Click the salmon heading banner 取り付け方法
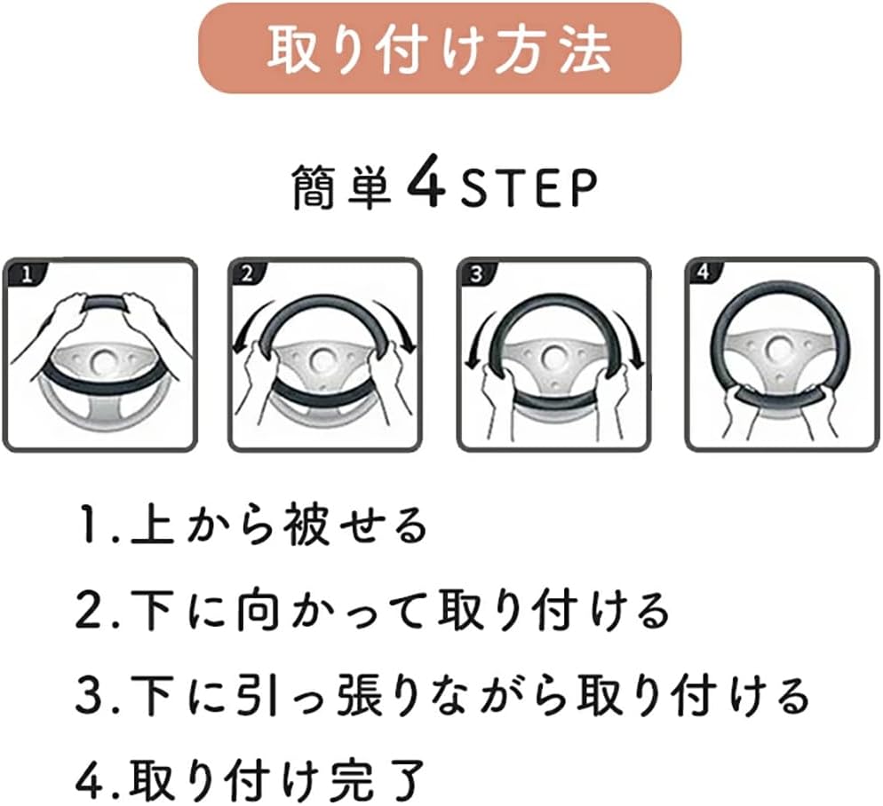[440, 48]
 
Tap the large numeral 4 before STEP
[426, 186]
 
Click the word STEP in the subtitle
[529, 188]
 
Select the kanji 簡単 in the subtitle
[342, 188]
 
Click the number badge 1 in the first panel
[27, 275]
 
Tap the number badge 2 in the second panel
[248, 274]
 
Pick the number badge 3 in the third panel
[477, 274]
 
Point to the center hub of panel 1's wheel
[102, 362]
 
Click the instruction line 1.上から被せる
[251, 525]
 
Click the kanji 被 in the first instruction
[306, 525]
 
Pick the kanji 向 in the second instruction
[258, 610]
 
